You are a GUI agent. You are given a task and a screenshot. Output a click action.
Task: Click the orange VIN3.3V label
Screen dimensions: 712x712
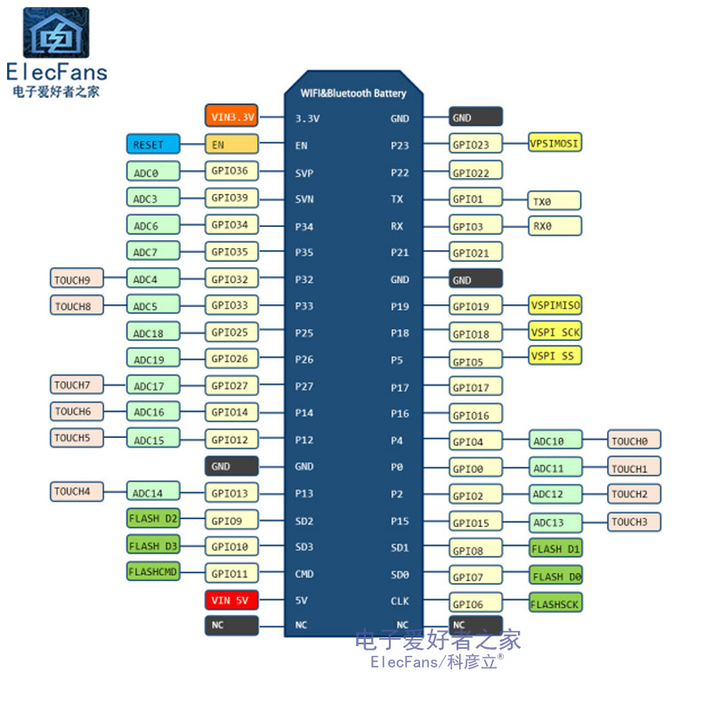[x=231, y=116]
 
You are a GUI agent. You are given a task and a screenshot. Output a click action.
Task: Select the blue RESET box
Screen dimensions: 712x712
[x=152, y=143]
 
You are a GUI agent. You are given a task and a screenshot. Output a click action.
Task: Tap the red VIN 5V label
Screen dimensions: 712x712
[x=231, y=599]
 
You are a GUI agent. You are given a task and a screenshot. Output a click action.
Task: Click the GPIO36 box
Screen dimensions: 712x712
[x=231, y=171]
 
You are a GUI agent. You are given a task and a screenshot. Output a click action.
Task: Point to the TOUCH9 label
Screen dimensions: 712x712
[x=77, y=279]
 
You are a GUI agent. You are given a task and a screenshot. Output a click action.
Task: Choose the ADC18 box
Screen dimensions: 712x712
[x=153, y=332]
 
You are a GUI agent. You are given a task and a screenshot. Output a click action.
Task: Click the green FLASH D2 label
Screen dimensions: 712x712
[x=153, y=518]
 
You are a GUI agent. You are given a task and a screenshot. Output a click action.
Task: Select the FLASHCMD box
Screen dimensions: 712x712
[x=153, y=571]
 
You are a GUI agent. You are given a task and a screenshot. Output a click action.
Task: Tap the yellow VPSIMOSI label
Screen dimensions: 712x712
[x=555, y=142]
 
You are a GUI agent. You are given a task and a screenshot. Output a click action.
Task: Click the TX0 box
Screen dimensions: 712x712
[x=554, y=200]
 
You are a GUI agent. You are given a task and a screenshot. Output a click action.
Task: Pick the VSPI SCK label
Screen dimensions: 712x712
[x=555, y=331]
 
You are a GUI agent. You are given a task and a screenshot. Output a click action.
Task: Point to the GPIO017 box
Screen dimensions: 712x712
[x=475, y=387]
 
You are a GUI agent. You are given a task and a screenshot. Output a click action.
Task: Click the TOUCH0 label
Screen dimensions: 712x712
[x=635, y=440]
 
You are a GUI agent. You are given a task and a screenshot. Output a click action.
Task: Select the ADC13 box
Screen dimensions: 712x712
[x=555, y=522]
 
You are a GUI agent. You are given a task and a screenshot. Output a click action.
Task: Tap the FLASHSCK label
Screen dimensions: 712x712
[x=555, y=603]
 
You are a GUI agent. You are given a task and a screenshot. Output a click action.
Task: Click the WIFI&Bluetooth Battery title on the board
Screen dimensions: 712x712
[x=353, y=93]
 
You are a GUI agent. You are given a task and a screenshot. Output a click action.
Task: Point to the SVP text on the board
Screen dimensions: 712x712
[x=304, y=173]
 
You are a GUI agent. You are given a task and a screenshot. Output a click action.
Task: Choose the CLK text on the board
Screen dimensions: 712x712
[x=400, y=601]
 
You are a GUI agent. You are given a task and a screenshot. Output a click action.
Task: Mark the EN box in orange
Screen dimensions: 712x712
[x=231, y=143]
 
